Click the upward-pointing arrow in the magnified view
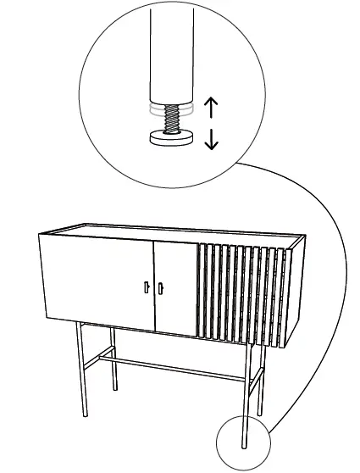click(212, 106)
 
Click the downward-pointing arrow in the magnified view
click(212, 138)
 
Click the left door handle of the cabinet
click(146, 287)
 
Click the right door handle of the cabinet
click(160, 289)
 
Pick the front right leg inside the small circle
click(246, 441)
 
